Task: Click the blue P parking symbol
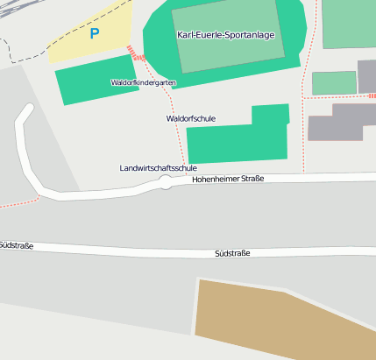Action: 95,34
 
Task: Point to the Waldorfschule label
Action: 190,118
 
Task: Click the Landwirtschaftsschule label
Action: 158,167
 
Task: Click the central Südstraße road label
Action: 232,253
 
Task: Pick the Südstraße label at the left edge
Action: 16,246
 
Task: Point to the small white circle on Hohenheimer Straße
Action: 166,182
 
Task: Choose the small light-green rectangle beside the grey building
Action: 333,83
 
